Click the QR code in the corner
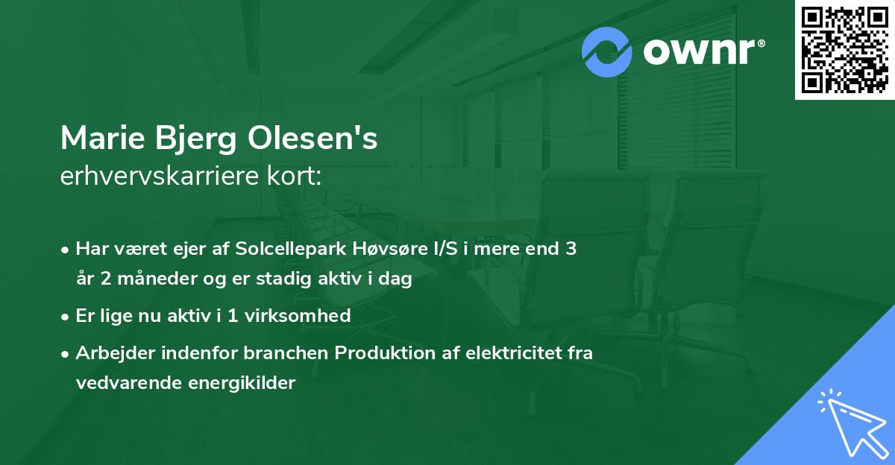point(845,49)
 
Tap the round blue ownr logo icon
point(607,52)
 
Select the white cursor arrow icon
point(850,423)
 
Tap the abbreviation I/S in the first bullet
point(440,249)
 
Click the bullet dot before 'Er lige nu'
point(66,316)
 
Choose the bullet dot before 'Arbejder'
point(66,353)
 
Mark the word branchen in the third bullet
point(292,352)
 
